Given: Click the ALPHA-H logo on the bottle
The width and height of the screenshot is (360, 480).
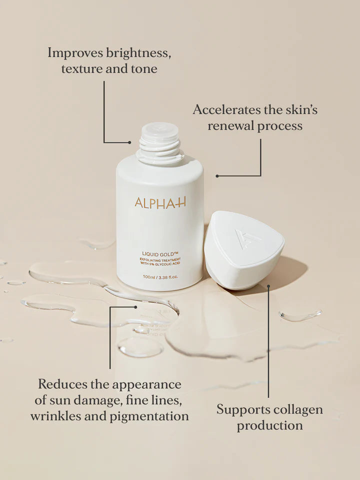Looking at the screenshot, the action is click(160, 203).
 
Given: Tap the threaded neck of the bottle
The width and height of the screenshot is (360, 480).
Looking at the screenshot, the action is click(159, 143).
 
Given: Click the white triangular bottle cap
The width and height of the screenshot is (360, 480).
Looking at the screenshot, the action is click(244, 250).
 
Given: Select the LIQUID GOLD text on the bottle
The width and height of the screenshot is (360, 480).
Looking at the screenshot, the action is click(160, 254).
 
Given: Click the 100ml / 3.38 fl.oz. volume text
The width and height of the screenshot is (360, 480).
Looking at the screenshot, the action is click(160, 276).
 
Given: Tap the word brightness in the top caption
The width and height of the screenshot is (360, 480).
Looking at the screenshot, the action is click(138, 53).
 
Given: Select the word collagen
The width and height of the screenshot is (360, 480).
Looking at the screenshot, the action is click(298, 410).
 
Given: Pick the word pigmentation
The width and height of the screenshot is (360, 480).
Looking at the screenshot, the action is click(149, 416).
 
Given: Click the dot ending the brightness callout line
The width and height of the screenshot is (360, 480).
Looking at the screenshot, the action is click(129, 142).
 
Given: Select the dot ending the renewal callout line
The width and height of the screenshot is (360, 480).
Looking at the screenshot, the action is click(217, 176).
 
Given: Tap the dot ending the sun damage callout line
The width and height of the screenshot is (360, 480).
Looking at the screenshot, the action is click(135, 306).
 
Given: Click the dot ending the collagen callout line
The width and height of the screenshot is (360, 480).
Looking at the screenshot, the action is click(268, 286).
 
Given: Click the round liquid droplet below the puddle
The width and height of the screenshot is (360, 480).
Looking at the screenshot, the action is click(140, 347).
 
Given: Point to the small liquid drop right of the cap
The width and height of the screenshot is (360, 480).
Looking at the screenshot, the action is click(300, 315).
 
